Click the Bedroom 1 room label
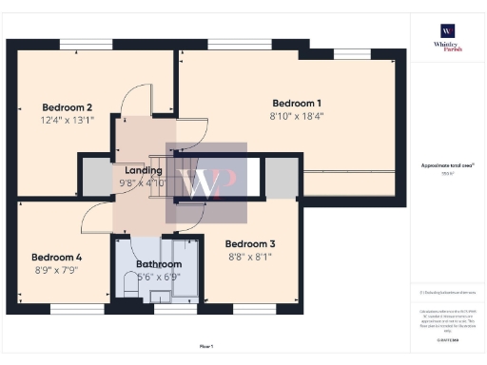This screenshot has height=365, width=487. coord(297,103)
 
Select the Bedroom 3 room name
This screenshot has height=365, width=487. coord(250,243)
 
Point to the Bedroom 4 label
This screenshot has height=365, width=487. coord(56,257)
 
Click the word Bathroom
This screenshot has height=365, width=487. coord(158,264)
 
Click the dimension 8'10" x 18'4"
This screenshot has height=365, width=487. coord(297,117)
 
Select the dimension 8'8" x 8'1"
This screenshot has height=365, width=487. coord(250,257)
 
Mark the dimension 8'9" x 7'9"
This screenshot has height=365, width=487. coord(56,270)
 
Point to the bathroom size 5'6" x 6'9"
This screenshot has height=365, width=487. coord(158,278)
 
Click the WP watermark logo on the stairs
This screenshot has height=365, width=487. coord(206,181)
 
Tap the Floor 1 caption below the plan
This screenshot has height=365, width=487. coord(206,346)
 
